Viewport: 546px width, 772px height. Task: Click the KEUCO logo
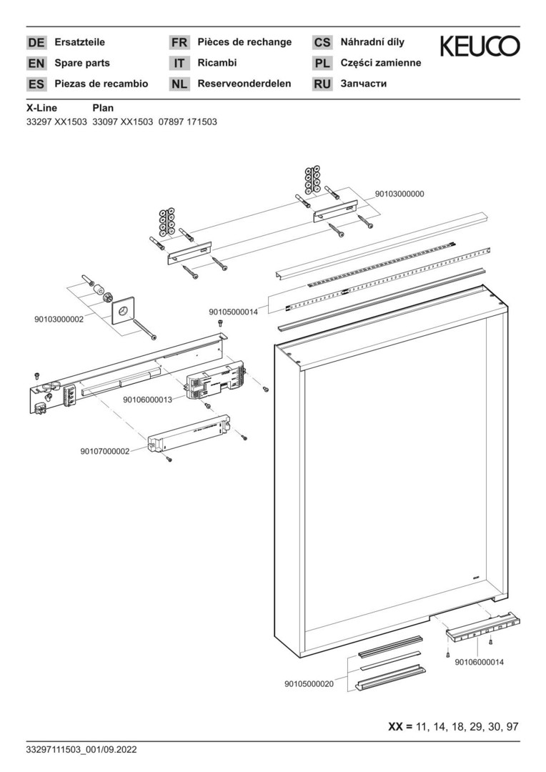(480, 47)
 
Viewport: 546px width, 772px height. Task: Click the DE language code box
(36, 43)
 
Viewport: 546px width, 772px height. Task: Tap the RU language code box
(322, 84)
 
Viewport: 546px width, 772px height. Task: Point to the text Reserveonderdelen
(244, 84)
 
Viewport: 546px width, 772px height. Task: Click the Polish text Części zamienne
(380, 63)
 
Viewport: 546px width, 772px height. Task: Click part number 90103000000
(399, 194)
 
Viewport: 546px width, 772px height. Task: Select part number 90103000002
(59, 320)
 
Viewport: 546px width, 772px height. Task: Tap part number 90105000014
(233, 312)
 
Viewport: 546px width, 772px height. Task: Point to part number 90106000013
(147, 400)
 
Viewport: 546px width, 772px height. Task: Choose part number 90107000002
(104, 451)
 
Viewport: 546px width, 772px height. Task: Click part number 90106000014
(479, 662)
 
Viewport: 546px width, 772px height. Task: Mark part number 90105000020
(309, 683)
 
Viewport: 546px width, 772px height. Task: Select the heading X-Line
(42, 108)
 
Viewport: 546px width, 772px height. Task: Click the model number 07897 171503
(187, 122)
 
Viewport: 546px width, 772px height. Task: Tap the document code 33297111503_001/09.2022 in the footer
(81, 750)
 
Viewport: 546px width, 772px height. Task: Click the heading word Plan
(104, 108)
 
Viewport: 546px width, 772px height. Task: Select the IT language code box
(179, 63)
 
